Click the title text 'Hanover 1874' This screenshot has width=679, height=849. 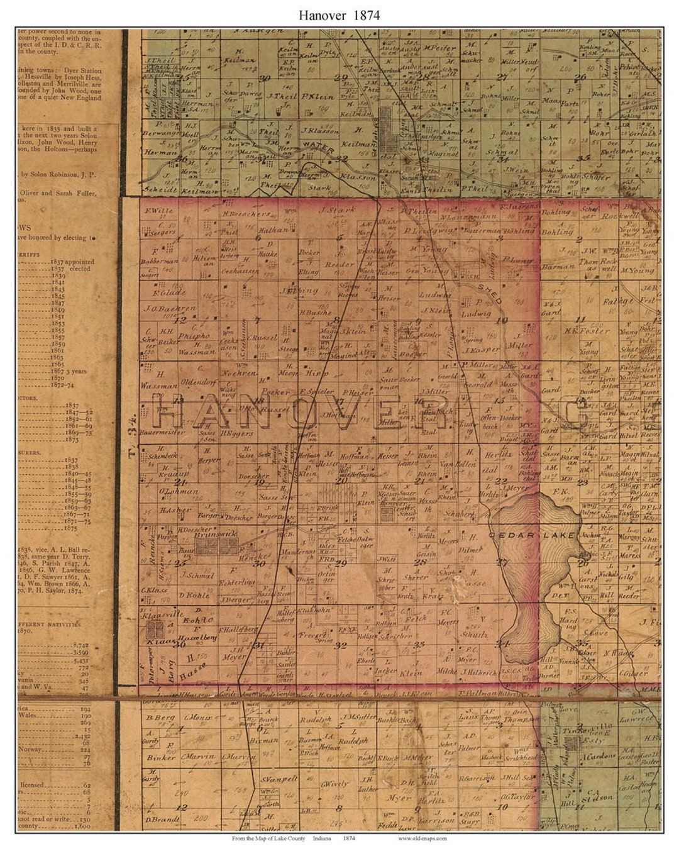pos(339,16)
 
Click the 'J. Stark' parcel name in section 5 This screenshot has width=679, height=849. pos(338,210)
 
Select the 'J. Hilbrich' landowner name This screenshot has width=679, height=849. pos(479,672)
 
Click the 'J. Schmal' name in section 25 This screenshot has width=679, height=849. pos(197,575)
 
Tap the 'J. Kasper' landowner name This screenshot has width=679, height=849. pos(482,349)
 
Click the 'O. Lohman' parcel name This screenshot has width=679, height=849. pos(179,491)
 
